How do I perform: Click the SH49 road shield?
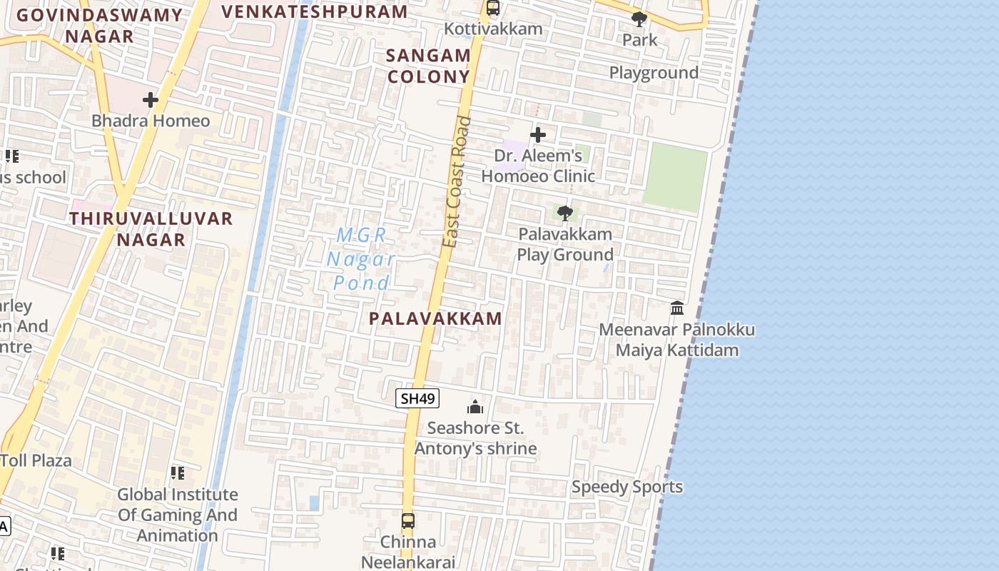(x=417, y=398)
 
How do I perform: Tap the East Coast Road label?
(x=457, y=182)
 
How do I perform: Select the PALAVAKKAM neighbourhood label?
(x=435, y=318)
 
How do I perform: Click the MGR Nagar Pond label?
(x=361, y=258)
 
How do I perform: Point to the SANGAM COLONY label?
(x=428, y=66)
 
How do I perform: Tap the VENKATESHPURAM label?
(x=315, y=11)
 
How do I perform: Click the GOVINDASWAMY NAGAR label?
(x=99, y=26)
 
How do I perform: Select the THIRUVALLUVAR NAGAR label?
(x=151, y=229)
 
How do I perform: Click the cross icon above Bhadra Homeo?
(x=150, y=100)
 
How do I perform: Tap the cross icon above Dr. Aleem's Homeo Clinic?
(x=538, y=134)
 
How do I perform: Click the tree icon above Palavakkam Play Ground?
(x=564, y=213)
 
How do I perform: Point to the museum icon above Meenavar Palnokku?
(x=677, y=308)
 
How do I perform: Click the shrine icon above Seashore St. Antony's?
(x=475, y=407)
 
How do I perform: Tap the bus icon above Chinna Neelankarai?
(x=408, y=521)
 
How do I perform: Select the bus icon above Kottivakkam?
(x=492, y=8)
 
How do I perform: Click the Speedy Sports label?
(x=627, y=487)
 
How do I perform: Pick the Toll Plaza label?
(x=36, y=460)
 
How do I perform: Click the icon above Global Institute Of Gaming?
(x=178, y=473)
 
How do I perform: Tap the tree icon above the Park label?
(x=639, y=19)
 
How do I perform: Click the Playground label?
(x=654, y=73)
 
